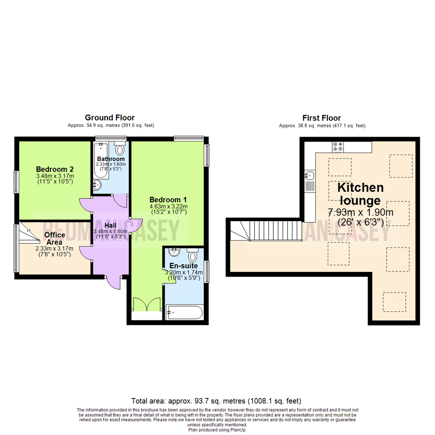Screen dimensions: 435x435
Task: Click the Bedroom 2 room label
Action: click(55, 169)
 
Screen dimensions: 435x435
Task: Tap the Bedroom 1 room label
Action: click(168, 200)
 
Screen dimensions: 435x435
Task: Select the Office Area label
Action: click(54, 238)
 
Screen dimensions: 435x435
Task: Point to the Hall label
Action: click(110, 226)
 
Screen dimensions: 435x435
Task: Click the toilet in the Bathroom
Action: click(120, 148)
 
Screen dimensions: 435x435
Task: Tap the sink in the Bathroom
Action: click(97, 185)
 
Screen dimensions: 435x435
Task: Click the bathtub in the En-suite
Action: click(184, 313)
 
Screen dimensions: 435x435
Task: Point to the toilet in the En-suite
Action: click(192, 255)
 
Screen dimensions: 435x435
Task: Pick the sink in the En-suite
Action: click(174, 252)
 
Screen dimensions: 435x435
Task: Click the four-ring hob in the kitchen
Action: click(338, 147)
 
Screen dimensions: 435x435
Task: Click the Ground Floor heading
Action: click(110, 118)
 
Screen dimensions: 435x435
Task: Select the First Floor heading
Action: click(321, 118)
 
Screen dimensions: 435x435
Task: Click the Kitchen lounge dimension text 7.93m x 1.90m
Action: click(360, 213)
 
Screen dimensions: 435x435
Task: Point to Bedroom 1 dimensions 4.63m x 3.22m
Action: click(168, 206)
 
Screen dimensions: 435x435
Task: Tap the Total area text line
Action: click(216, 401)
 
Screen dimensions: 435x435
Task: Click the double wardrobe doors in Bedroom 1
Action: click(147, 304)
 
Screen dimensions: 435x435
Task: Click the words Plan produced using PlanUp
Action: click(217, 430)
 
